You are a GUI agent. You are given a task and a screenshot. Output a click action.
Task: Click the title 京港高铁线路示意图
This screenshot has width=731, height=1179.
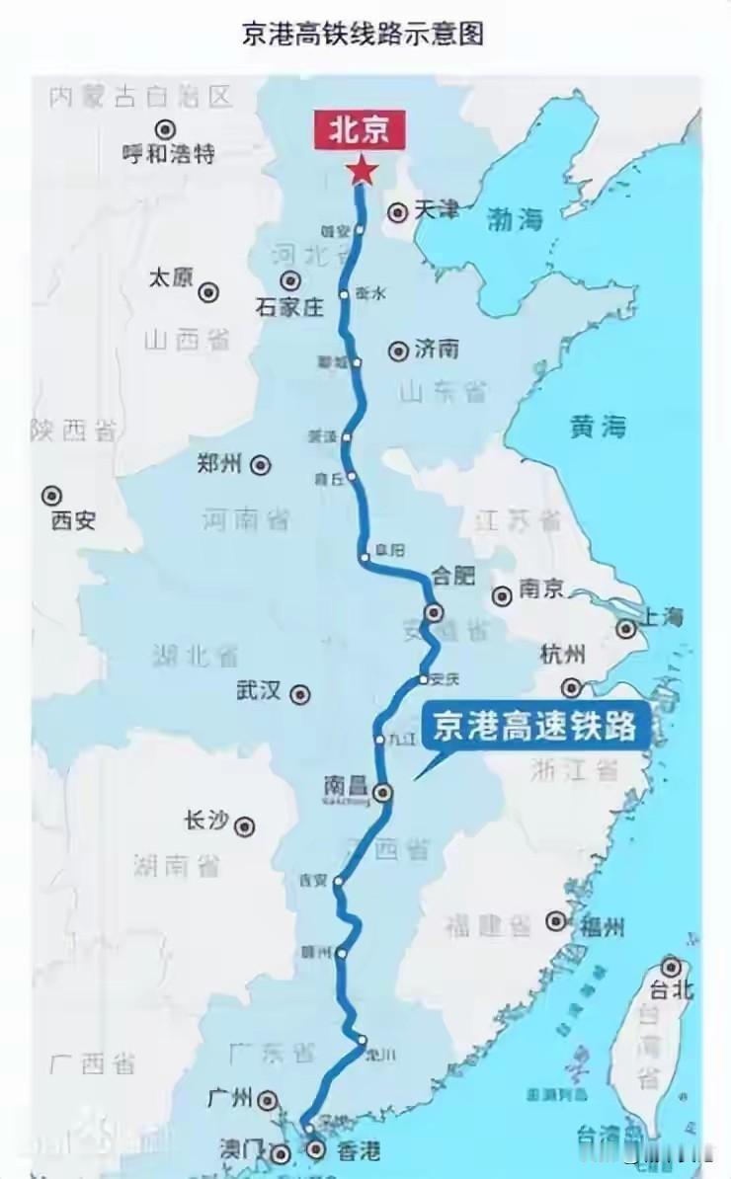[x=364, y=35]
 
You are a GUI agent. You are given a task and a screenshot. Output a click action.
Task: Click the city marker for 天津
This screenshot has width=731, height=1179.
[x=397, y=211]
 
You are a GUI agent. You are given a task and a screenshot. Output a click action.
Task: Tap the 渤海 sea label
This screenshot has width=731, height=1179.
[x=516, y=219]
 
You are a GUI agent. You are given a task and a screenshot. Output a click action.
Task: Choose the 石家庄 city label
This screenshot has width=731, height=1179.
[x=288, y=307]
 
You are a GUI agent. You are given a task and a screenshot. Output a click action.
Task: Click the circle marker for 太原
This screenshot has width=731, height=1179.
[x=208, y=291]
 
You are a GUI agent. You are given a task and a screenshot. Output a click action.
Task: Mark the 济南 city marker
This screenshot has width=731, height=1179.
[x=398, y=351]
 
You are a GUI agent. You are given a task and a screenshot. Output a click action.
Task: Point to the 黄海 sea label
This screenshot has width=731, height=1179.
[x=598, y=426]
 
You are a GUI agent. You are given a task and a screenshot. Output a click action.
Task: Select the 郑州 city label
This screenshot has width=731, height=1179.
[x=219, y=463]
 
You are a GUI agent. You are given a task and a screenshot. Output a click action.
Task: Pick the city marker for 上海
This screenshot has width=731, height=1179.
[x=626, y=629]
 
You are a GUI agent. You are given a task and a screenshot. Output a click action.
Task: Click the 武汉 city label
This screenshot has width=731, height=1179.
[x=258, y=691]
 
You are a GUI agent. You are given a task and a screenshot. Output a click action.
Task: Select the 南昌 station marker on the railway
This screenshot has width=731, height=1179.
[x=382, y=791]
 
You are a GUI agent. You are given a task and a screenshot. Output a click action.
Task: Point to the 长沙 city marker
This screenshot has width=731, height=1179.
[x=244, y=826]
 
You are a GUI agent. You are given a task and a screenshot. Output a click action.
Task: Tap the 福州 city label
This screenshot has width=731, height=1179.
[x=600, y=927]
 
